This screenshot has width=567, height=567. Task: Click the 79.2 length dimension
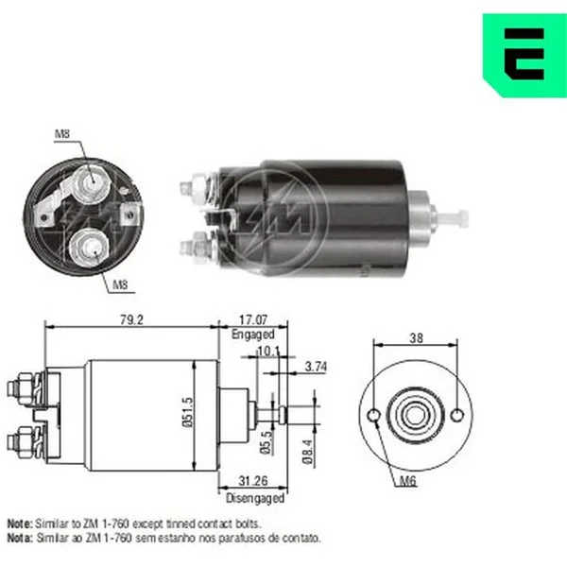[x=131, y=320]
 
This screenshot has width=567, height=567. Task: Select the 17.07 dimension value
[x=253, y=320]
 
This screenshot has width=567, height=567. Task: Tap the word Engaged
[x=253, y=335]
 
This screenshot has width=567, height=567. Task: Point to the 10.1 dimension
[x=268, y=351]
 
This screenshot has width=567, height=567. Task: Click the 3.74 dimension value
[x=316, y=367]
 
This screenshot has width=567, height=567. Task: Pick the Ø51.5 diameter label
[x=188, y=413]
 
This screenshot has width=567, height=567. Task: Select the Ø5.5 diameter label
[x=266, y=442]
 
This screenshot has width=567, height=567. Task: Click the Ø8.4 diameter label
[x=307, y=452]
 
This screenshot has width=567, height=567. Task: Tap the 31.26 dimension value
[x=253, y=481]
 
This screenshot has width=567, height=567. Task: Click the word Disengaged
[x=255, y=498]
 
